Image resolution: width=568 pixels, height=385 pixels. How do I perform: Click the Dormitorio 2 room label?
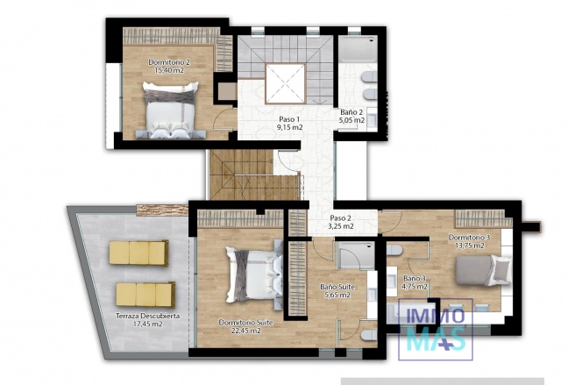click(x=169, y=62)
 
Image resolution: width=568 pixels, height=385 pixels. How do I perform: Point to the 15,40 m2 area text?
click(x=169, y=70)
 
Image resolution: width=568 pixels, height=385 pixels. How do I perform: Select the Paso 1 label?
click(x=289, y=119)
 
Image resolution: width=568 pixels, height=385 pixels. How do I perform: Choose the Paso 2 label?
click(x=341, y=217)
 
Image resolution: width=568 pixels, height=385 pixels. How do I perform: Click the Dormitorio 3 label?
click(x=468, y=238)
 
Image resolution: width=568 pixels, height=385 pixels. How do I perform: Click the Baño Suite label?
click(x=337, y=287)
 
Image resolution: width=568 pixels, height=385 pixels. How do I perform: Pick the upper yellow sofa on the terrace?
click(x=138, y=253)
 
